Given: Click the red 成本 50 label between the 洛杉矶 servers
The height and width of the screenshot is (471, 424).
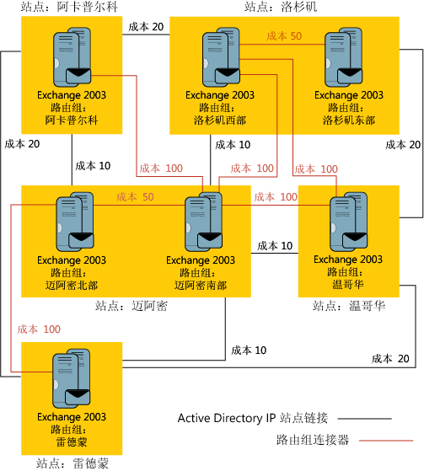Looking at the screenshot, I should (x=284, y=36).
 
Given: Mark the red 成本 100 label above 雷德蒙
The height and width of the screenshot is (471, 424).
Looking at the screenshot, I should (x=39, y=329).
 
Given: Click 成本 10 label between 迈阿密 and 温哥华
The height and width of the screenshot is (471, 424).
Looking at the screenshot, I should (x=275, y=246).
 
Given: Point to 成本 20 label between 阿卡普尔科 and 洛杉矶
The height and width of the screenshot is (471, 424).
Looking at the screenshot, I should (x=146, y=27).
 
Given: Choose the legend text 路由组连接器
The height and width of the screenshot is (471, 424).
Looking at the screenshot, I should (x=312, y=439).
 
